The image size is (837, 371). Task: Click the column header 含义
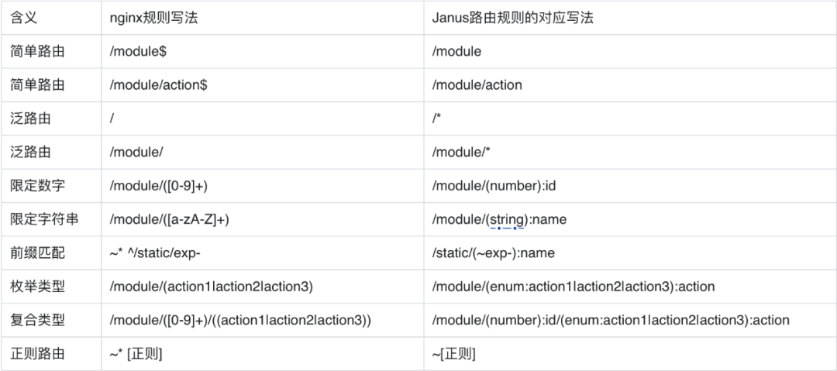pyautogui.click(x=25, y=18)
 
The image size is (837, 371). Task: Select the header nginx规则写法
pyautogui.click(x=154, y=18)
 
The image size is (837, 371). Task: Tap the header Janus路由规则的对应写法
pyautogui.click(x=512, y=18)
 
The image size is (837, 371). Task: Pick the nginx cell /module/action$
pyautogui.click(x=158, y=85)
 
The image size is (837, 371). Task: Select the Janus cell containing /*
pyautogui.click(x=437, y=119)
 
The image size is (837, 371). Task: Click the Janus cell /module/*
pyautogui.click(x=461, y=153)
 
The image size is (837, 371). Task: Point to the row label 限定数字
pyautogui.click(x=38, y=186)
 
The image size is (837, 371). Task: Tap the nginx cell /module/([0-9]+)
pyautogui.click(x=158, y=186)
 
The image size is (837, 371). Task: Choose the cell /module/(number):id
pyautogui.click(x=494, y=186)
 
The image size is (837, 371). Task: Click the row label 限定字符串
pyautogui.click(x=44, y=219)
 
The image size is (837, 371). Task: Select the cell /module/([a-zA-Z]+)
pyautogui.click(x=169, y=219)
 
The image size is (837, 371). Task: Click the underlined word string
pyautogui.click(x=507, y=220)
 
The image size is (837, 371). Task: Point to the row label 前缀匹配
pyautogui.click(x=38, y=253)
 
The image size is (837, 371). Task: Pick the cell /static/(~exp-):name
pyautogui.click(x=493, y=253)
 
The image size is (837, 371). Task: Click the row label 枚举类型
pyautogui.click(x=38, y=287)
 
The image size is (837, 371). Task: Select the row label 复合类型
pyautogui.click(x=38, y=320)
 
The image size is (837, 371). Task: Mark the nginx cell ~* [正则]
pyautogui.click(x=136, y=354)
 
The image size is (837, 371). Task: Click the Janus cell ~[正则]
pyautogui.click(x=453, y=354)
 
